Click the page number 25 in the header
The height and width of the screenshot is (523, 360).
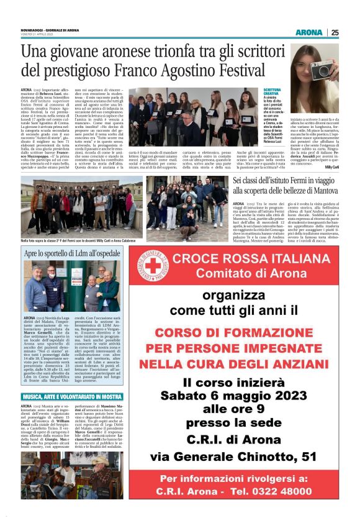click(335, 32)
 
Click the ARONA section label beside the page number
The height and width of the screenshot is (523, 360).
click(309, 32)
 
